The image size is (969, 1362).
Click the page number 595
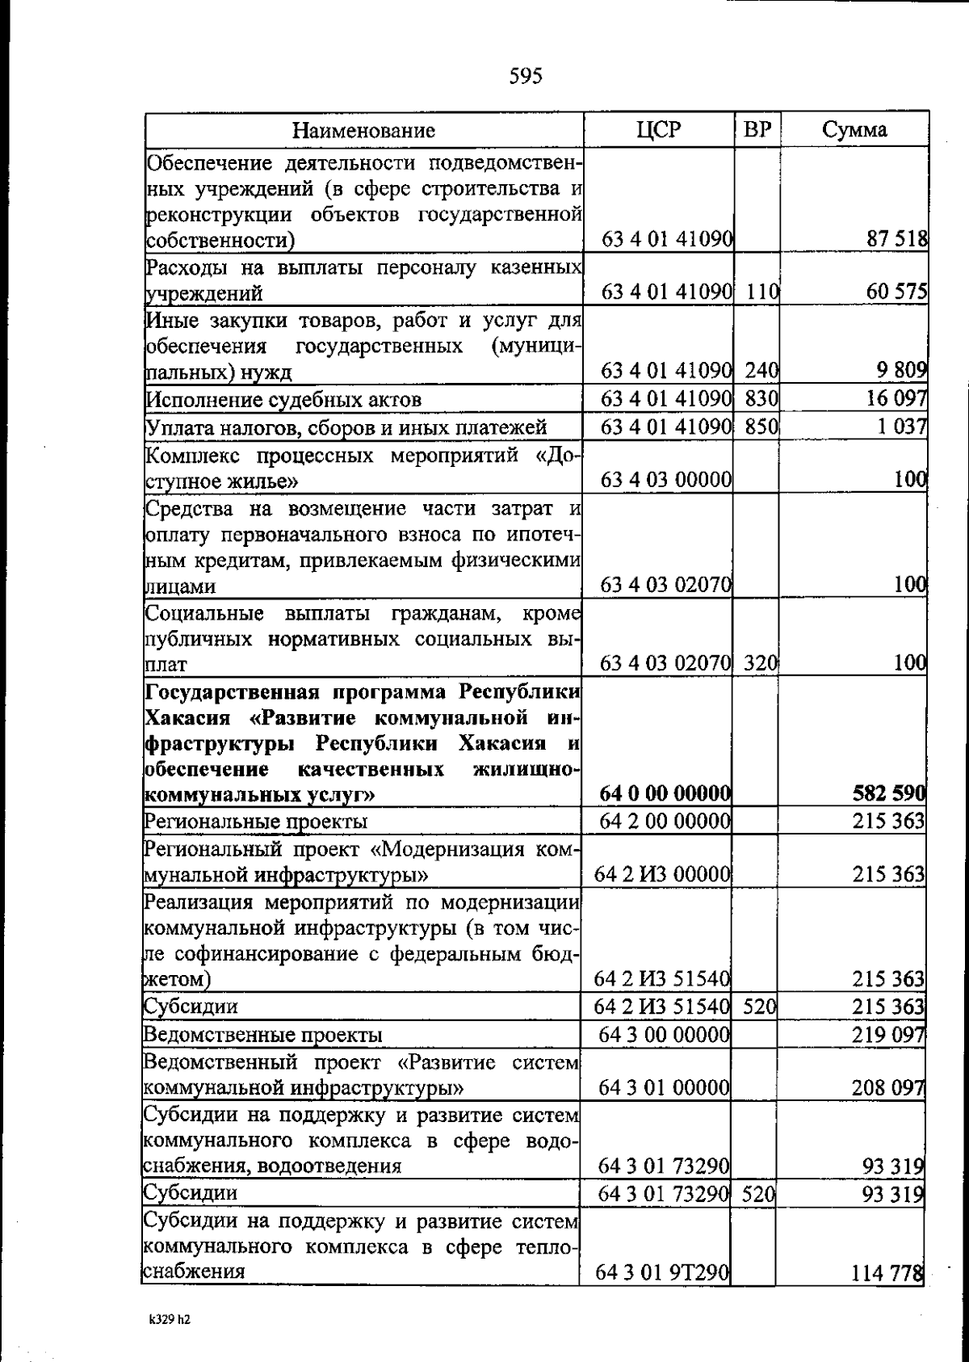click(526, 76)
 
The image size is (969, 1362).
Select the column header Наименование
click(363, 130)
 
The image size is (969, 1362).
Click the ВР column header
click(757, 130)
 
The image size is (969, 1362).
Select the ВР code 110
click(761, 292)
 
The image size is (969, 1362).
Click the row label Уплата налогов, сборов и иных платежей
click(346, 427)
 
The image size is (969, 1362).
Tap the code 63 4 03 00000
click(667, 481)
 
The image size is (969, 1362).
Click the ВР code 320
click(760, 665)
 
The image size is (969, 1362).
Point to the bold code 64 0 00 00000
click(666, 795)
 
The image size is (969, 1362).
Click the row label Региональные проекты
click(256, 822)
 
